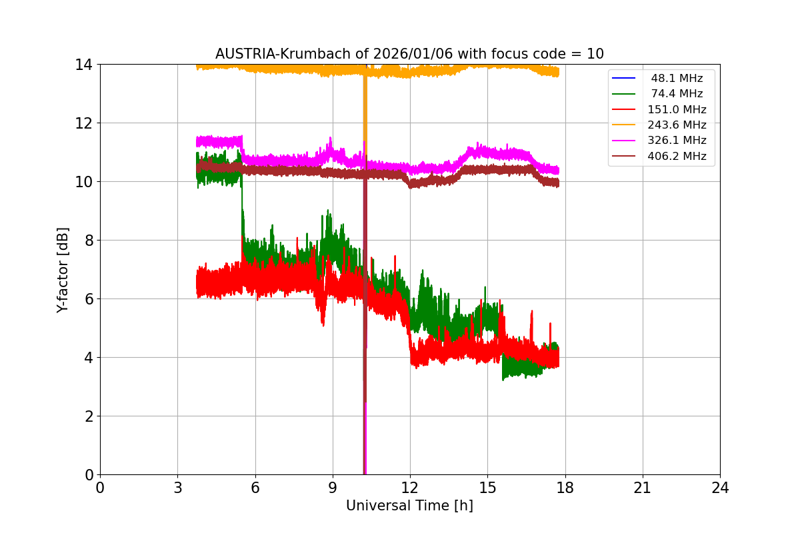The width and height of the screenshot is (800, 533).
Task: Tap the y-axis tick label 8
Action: click(87, 241)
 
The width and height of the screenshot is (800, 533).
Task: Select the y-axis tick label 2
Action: click(87, 416)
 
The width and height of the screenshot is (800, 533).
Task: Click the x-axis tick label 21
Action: click(643, 488)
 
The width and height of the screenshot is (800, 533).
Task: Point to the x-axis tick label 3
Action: click(177, 488)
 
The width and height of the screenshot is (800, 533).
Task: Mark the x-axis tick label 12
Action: click(410, 488)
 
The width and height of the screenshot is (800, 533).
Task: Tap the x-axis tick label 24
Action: click(720, 488)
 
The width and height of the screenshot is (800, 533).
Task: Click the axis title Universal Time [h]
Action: click(409, 506)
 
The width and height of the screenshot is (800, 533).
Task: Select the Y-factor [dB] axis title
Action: click(63, 269)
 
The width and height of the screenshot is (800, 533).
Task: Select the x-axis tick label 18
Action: click(565, 488)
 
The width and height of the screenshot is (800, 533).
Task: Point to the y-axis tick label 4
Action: click(87, 358)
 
